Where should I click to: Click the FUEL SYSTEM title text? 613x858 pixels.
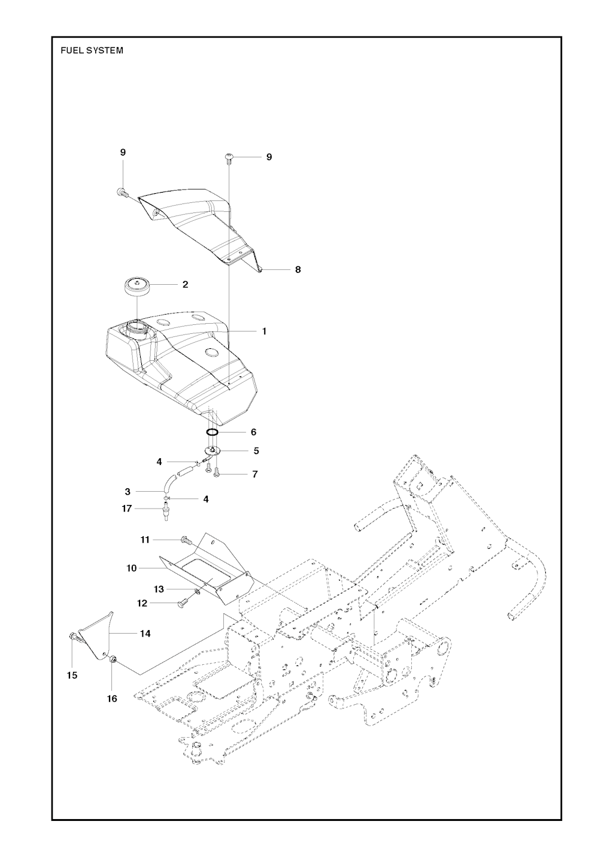(92, 51)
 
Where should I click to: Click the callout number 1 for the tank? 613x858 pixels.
(264, 331)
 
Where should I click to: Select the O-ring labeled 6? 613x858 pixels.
(213, 432)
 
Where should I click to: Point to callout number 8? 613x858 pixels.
(298, 270)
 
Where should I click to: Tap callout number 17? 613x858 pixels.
(127, 509)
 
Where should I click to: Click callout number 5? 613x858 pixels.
(256, 451)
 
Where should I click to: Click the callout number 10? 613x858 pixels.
(132, 568)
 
